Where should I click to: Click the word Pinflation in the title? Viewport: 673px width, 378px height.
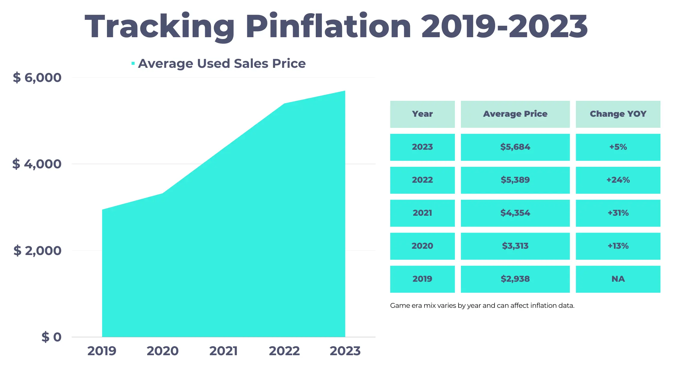(x=328, y=27)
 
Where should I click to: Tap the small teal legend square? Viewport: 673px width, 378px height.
(x=133, y=63)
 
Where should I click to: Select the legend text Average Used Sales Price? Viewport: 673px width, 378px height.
(x=222, y=64)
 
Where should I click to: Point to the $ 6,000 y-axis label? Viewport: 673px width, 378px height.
(x=37, y=77)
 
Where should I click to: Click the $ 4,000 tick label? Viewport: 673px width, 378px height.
(x=37, y=164)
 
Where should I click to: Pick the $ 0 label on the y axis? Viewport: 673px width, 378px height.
(x=51, y=337)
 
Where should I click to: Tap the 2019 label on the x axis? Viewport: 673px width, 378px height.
(x=102, y=351)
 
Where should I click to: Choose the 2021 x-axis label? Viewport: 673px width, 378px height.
(x=223, y=351)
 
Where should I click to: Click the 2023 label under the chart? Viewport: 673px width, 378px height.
(x=345, y=351)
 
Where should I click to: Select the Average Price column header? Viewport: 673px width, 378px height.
(x=515, y=114)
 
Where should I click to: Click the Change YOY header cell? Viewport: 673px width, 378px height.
(x=618, y=114)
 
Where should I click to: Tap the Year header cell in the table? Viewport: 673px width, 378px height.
(x=422, y=114)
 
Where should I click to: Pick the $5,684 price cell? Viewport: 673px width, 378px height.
(x=515, y=147)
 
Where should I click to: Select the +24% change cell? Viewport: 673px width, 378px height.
(x=618, y=180)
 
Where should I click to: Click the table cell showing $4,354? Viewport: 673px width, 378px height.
(x=515, y=213)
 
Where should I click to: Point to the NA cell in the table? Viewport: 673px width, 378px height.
(x=618, y=279)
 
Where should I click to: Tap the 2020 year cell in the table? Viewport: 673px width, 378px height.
(x=422, y=246)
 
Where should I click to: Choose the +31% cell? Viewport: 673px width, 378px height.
(x=618, y=213)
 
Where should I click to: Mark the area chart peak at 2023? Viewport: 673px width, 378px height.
(x=345, y=91)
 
